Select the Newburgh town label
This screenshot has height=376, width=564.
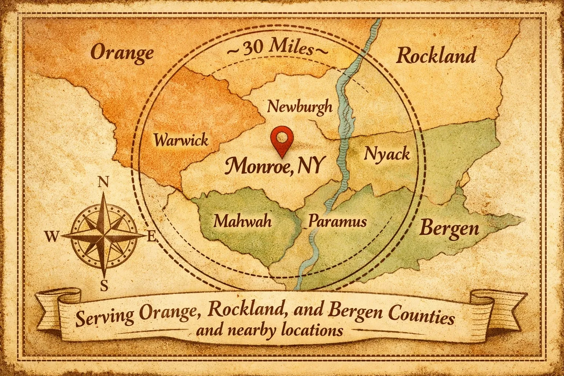(300, 107)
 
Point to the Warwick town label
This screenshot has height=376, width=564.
(181, 140)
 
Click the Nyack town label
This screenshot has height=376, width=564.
(386, 153)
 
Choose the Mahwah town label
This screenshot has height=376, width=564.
(242, 221)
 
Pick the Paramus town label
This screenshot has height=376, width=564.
(337, 221)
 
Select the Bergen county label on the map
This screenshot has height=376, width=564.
(449, 228)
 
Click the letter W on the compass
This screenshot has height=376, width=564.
(53, 237)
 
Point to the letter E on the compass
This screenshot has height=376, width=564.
(151, 237)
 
